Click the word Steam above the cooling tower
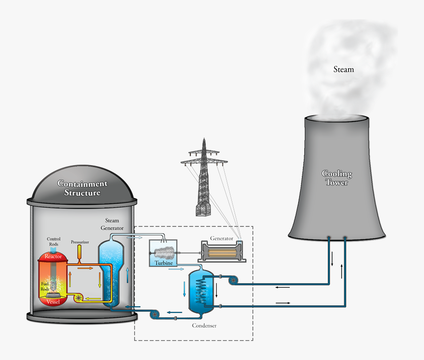tap(343, 70)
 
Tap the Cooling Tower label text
tap(337, 178)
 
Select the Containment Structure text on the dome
tap(82, 188)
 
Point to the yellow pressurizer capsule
tap(80, 251)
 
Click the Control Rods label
tap(54, 242)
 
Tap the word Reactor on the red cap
tap(53, 256)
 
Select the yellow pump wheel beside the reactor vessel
tap(77, 297)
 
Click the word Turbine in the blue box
tap(163, 263)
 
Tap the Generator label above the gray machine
tap(221, 238)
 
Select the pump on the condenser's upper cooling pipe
tap(232, 280)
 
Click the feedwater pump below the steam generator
tap(154, 313)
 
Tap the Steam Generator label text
tap(112, 224)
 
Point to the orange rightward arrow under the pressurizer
tap(85, 268)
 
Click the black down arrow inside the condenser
tap(216, 288)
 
